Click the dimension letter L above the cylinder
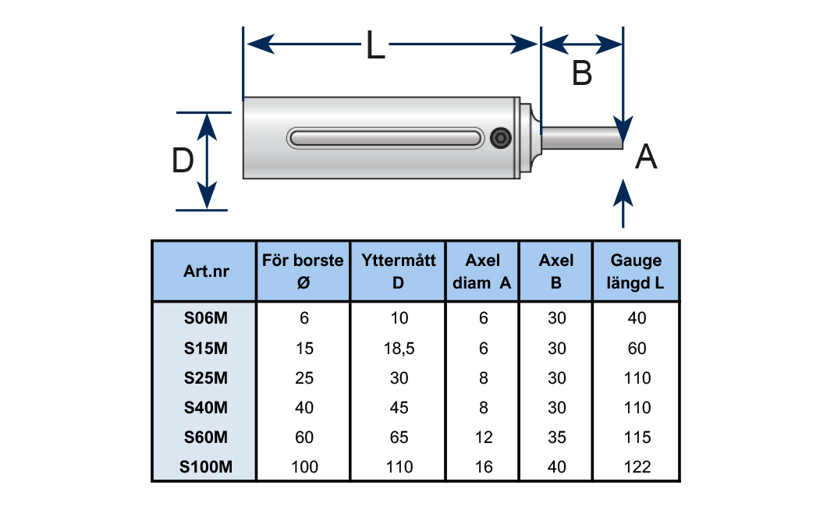(375, 47)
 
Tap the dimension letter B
(582, 74)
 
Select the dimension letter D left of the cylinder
(183, 162)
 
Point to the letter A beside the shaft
(646, 158)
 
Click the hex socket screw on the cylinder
(502, 140)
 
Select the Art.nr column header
(204, 271)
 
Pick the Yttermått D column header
(398, 271)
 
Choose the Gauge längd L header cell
(637, 271)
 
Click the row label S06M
(205, 318)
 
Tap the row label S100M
(205, 468)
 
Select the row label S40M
(205, 408)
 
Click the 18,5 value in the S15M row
(398, 349)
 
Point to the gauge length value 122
(637, 468)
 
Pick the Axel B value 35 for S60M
(556, 438)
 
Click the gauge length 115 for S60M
(637, 438)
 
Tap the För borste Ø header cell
(303, 271)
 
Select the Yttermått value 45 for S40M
(398, 408)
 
